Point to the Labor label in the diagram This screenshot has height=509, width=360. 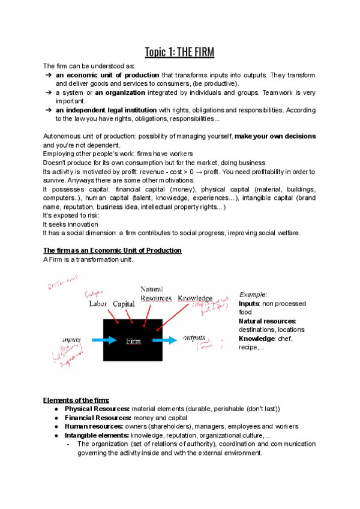[x=98, y=303]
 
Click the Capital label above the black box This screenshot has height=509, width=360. [x=124, y=303]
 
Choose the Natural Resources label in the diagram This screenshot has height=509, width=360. [x=155, y=294]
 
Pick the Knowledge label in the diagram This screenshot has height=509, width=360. [x=194, y=298]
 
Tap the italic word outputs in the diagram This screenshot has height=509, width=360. [x=194, y=337]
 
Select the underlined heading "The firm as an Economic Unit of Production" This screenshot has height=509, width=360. [x=112, y=250]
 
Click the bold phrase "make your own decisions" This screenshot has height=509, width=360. [x=275, y=137]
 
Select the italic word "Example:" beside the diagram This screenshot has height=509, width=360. [x=253, y=295]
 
